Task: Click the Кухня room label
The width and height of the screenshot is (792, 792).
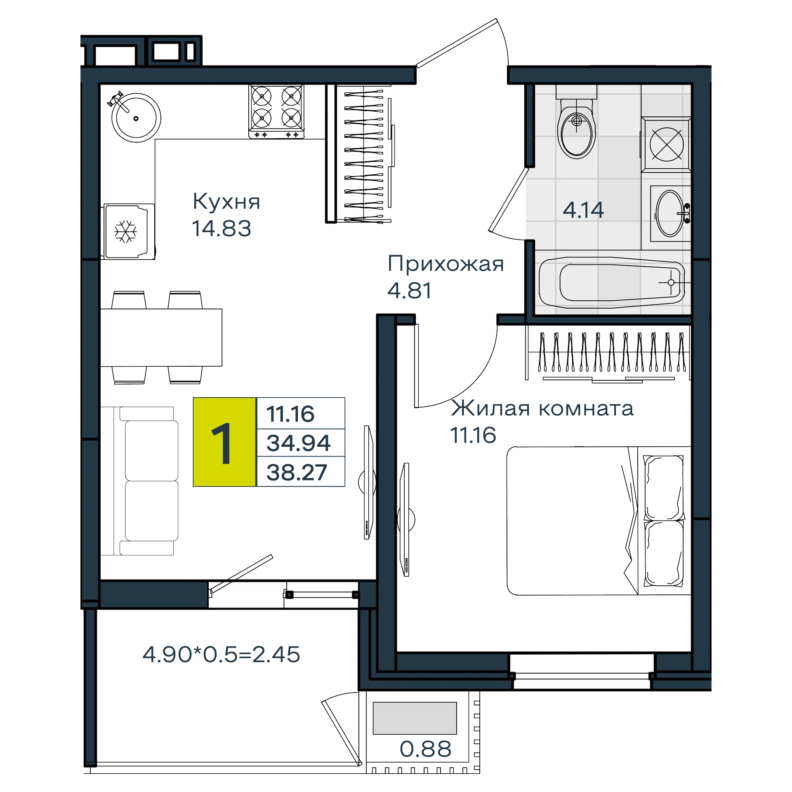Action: (x=226, y=202)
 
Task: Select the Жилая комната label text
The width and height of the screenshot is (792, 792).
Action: (x=542, y=408)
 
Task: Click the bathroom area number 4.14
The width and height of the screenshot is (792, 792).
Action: (x=583, y=210)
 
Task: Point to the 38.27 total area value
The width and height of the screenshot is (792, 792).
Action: (x=297, y=472)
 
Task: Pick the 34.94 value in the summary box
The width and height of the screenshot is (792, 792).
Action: (x=299, y=443)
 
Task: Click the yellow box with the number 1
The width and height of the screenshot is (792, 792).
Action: (x=224, y=442)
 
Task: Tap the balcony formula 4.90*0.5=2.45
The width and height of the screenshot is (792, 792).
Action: (x=221, y=655)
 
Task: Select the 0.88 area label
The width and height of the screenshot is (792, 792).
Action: (x=426, y=749)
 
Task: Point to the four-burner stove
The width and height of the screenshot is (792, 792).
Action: (x=276, y=111)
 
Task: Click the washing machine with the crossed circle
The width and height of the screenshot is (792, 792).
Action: (x=666, y=144)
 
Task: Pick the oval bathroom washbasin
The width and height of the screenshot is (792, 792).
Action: (x=671, y=213)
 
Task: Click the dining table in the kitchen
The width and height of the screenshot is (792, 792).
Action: (x=161, y=337)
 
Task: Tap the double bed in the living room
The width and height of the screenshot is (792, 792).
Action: (x=599, y=521)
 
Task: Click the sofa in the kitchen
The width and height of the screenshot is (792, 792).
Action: (x=140, y=481)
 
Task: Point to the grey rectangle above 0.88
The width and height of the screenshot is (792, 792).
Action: (x=415, y=718)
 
